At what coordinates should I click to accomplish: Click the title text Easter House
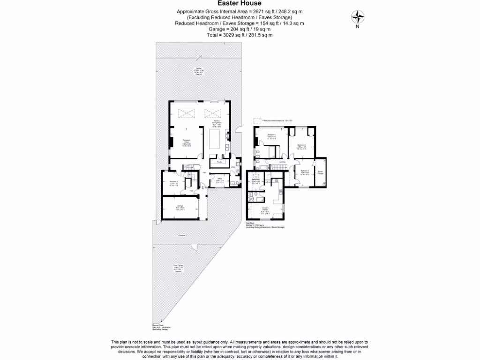(240, 3)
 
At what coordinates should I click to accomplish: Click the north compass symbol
(358, 17)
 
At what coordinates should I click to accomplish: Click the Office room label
(218, 180)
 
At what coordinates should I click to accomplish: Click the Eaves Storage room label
(321, 172)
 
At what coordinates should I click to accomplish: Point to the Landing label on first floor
(282, 162)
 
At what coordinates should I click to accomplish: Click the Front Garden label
(176, 268)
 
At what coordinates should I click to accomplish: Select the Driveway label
(182, 235)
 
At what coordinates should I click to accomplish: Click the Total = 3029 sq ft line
(240, 35)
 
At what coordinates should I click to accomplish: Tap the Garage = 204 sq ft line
(240, 29)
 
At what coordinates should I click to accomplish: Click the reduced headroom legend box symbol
(257, 120)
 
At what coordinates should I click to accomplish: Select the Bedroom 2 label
(304, 172)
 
